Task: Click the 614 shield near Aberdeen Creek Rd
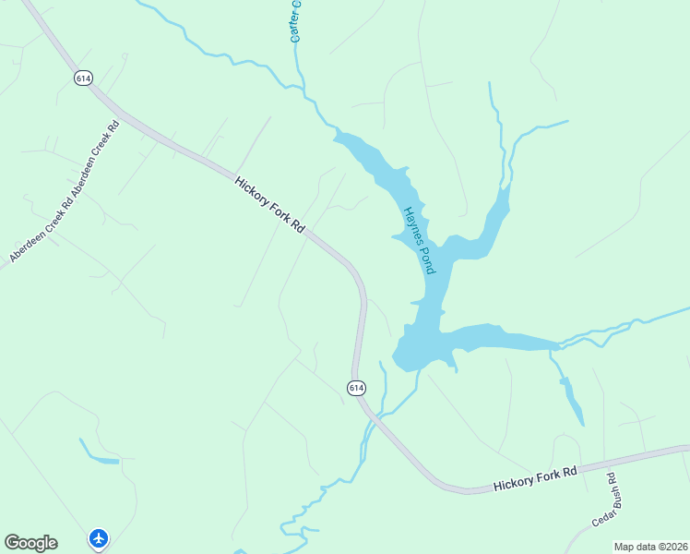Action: coord(84,78)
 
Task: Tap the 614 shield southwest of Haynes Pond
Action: coord(357,388)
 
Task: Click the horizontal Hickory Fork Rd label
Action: coord(534,477)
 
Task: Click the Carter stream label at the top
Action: coord(295,20)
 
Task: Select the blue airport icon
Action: coord(99,537)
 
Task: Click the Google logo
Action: coord(30,543)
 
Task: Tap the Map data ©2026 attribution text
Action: coord(650,547)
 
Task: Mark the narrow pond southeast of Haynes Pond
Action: coord(572,402)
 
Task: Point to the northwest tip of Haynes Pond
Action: coord(338,136)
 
